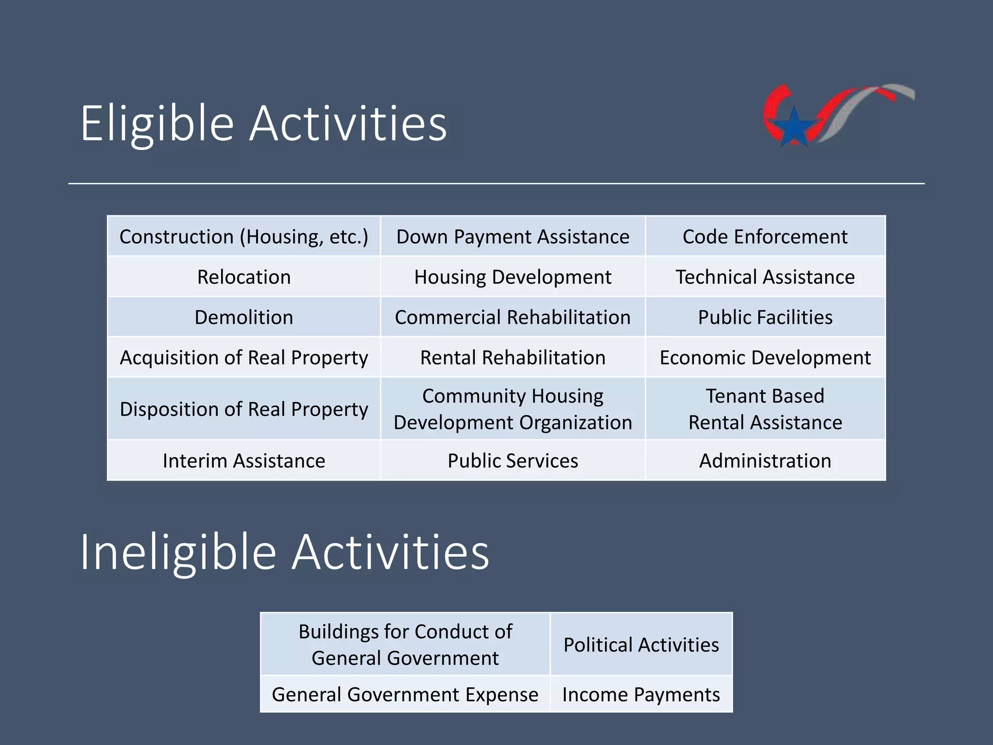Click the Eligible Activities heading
point(263,124)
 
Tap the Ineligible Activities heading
point(285,552)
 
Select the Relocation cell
point(244,277)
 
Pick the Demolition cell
point(244,317)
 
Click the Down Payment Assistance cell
point(513,237)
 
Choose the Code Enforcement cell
point(765,237)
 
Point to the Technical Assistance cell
point(765,277)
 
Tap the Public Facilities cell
point(765,317)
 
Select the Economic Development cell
point(765,357)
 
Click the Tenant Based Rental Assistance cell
point(765,409)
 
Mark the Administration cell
point(765,460)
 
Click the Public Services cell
point(513,460)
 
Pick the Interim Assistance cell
point(244,460)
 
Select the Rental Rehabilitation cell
point(513,357)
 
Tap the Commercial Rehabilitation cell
point(513,317)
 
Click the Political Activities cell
point(641,645)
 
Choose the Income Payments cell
point(641,695)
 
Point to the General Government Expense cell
point(405,695)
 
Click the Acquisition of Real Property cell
point(244,357)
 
